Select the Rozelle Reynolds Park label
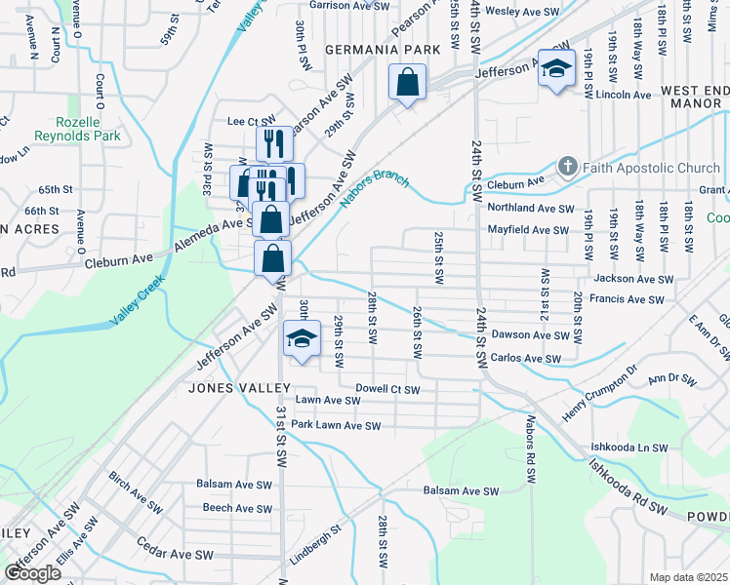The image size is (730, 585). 78,129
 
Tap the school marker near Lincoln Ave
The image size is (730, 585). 556,71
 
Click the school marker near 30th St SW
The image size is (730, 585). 303,339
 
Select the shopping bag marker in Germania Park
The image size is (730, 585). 407,83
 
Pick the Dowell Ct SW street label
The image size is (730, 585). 387,389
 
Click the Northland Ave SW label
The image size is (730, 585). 531,208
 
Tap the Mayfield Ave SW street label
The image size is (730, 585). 528,230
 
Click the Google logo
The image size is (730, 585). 33,572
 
